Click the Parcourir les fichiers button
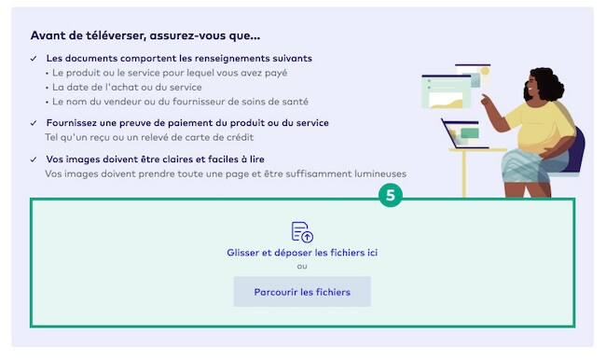[x=302, y=292]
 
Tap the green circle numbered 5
[x=391, y=196]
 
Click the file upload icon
[x=302, y=231]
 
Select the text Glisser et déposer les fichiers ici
[x=302, y=252]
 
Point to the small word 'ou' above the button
[x=302, y=266]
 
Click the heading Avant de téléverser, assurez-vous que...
[x=145, y=35]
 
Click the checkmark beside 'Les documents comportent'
[x=34, y=59]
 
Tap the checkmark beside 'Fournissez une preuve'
[x=34, y=123]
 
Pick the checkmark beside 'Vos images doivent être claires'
[x=34, y=159]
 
